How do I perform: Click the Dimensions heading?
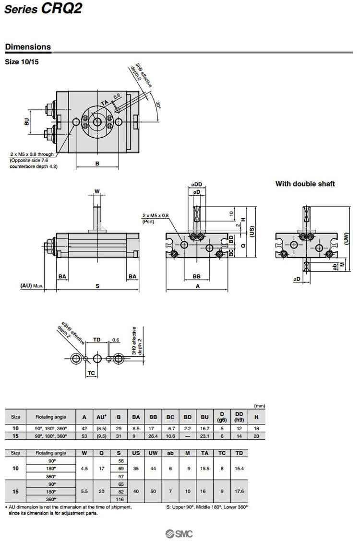28,47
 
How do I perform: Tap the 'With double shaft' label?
305,184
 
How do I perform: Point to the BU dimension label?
27,122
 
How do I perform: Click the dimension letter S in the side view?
97,286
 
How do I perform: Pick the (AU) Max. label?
32,286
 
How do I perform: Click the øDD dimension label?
197,184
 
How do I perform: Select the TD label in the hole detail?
96,340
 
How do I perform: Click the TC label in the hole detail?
91,373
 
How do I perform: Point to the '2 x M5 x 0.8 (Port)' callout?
156,218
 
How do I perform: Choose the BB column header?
153,417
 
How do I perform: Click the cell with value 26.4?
153,435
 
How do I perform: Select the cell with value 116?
119,500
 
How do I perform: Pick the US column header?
136,453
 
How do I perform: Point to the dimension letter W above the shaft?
97,191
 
